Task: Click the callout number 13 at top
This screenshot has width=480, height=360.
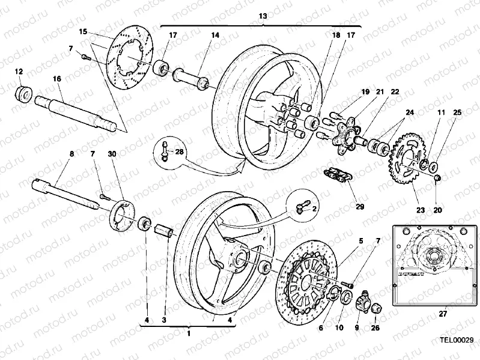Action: click(263, 16)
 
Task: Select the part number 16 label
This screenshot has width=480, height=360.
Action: click(57, 79)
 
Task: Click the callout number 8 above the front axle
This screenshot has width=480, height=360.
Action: click(71, 154)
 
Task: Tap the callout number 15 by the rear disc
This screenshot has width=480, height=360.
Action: click(84, 31)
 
